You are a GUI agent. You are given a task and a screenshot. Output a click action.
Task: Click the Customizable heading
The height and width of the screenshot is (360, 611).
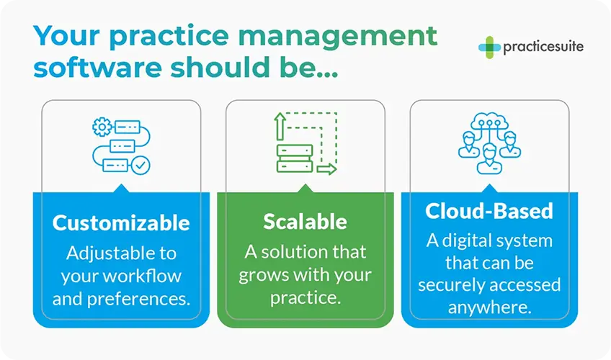coord(121,222)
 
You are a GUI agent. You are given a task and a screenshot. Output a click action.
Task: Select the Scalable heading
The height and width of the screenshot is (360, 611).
coord(305,221)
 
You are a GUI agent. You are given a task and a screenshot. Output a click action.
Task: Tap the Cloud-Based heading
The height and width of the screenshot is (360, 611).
coord(489,210)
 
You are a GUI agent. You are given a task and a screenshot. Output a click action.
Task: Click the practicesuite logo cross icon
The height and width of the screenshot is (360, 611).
coord(489,48)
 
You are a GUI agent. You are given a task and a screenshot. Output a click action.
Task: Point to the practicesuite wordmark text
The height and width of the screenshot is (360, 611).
coord(543,48)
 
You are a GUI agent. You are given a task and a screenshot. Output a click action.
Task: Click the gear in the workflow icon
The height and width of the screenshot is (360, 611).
coord(100,127)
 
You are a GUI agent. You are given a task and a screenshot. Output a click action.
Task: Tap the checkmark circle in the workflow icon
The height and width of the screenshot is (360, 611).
coord(141,166)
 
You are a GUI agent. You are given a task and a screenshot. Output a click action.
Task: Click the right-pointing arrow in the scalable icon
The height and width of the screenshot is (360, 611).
coord(326,170)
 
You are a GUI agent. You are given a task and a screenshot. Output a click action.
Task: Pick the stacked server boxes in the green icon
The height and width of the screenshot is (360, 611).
coord(295,158)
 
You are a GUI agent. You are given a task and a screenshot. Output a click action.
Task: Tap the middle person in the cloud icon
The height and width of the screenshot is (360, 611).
coord(489,155)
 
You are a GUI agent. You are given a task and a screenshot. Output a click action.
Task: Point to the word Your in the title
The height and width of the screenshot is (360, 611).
coord(66,35)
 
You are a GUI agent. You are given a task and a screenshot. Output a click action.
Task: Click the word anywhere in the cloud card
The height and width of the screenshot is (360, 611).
coord(489,307)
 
